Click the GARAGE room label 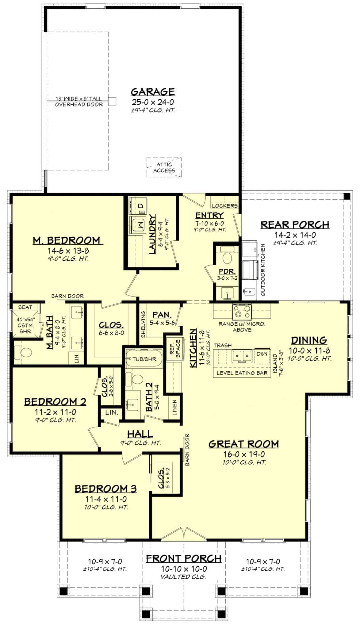point(153,92)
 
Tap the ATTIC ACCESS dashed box point(164,167)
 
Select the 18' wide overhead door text point(79,99)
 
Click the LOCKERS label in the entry point(224,206)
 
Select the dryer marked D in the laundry point(138,205)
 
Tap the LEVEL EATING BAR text point(242,373)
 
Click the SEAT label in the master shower point(25,307)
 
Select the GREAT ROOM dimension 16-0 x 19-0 point(244,454)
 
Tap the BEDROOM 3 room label point(105,489)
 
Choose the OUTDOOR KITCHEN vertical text point(263,270)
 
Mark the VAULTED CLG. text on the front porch point(183,577)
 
